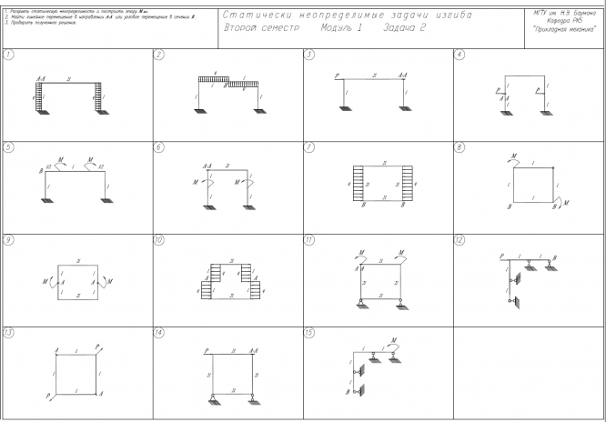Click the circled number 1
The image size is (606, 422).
tap(7, 55)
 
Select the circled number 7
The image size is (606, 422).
tap(309, 146)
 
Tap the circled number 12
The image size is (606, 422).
tap(459, 239)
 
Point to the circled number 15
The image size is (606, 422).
tap(310, 332)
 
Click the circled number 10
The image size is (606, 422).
tap(158, 239)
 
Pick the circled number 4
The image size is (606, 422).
tap(459, 55)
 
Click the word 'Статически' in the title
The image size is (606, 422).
tap(263, 15)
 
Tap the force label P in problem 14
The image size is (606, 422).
tap(207, 350)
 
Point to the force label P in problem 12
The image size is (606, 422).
tap(501, 257)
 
